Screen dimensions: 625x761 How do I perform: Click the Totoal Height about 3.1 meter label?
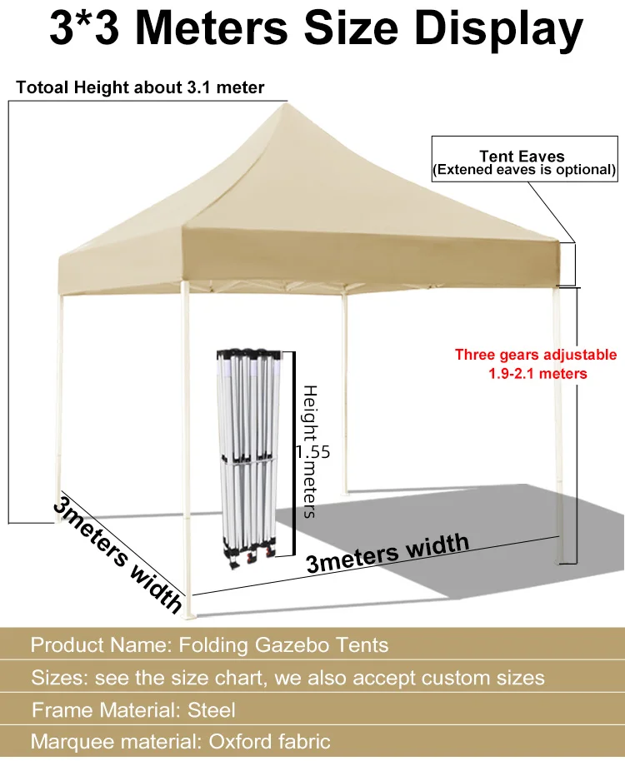click(x=140, y=87)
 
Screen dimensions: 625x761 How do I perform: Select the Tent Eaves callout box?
click(x=522, y=162)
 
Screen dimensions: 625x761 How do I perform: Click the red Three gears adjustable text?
click(x=536, y=355)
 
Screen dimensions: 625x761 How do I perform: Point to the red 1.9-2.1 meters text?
click(x=537, y=373)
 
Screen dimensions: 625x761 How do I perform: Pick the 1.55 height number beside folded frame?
click(x=312, y=452)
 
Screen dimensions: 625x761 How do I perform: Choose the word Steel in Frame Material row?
click(x=212, y=709)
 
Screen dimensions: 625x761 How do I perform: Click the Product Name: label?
click(x=100, y=644)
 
